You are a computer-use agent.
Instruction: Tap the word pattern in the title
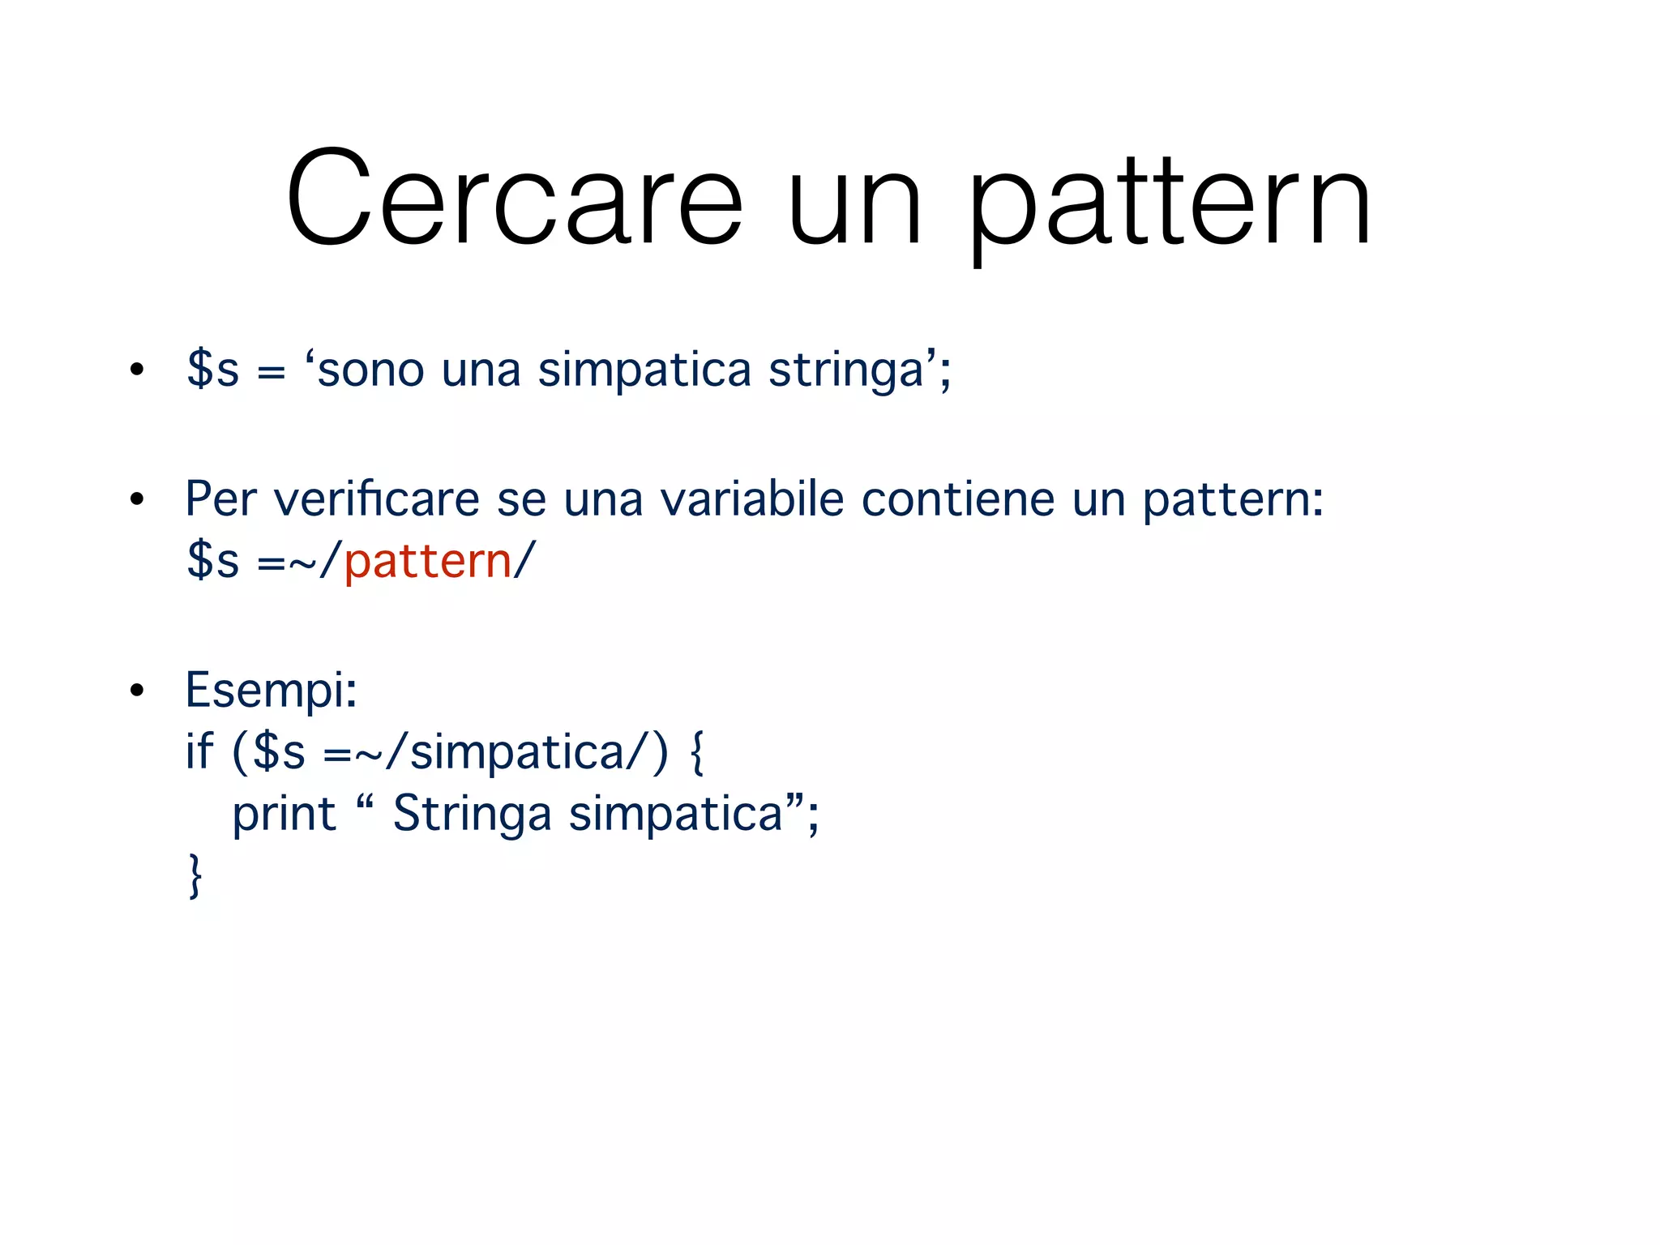pos(1169,203)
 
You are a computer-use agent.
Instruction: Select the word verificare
pos(377,498)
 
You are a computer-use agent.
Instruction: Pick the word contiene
pos(957,498)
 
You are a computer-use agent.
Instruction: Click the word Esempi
pos(270,690)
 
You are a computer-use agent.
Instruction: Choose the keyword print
pos(284,814)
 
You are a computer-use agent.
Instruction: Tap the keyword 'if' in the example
pos(199,751)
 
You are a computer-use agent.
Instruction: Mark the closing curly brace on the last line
pos(195,876)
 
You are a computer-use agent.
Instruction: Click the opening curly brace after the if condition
pos(696,753)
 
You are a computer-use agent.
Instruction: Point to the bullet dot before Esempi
pos(137,691)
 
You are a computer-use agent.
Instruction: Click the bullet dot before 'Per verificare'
pos(137,499)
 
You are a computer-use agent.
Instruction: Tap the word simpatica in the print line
pos(675,814)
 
